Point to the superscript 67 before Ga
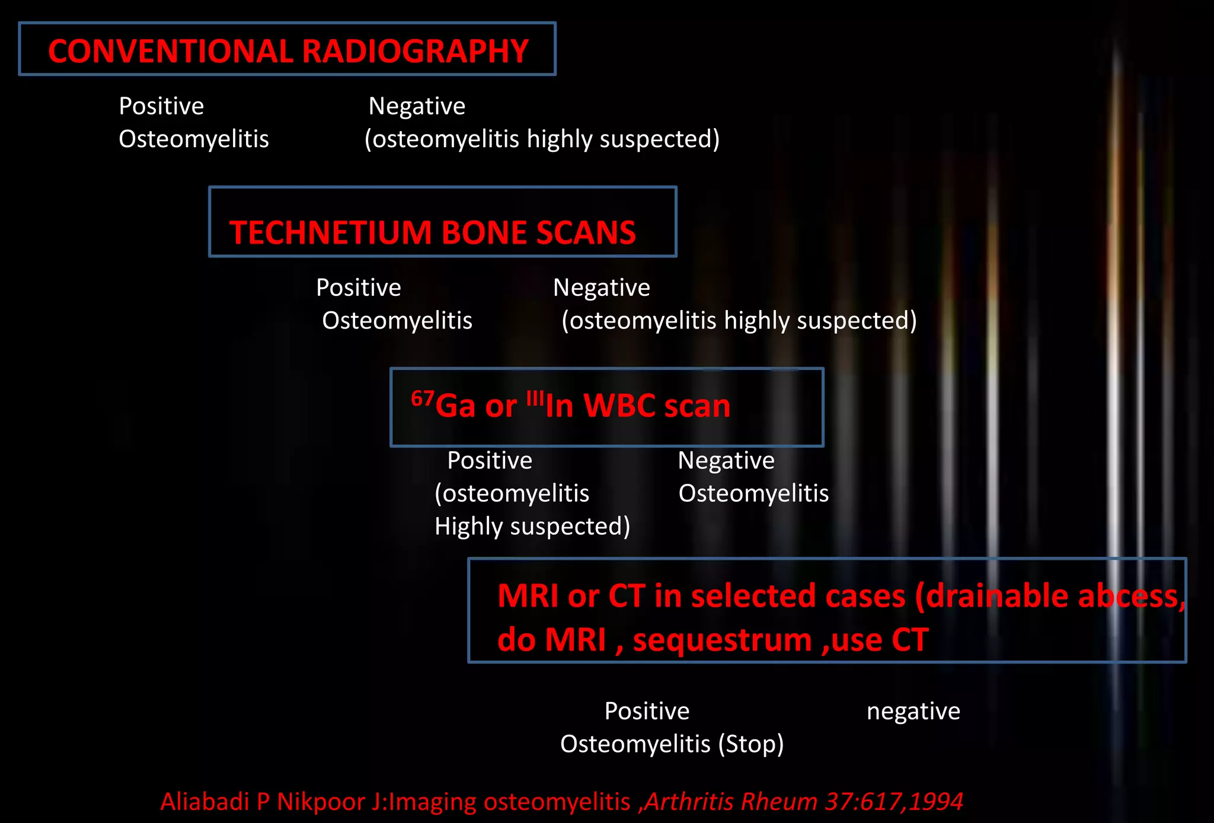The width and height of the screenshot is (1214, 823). click(422, 398)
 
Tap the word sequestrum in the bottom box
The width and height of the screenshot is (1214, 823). click(723, 640)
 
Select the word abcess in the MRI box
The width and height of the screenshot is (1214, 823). click(1129, 596)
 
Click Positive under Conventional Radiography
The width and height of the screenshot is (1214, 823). click(161, 106)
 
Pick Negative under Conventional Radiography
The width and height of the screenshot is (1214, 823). click(417, 106)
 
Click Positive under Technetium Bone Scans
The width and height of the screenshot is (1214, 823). click(359, 288)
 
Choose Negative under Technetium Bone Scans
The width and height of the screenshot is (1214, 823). click(601, 288)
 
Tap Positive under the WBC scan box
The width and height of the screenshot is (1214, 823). click(490, 461)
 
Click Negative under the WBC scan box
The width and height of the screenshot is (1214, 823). click(726, 461)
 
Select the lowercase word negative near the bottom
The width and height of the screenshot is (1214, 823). click(913, 711)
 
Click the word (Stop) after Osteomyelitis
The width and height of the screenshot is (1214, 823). click(751, 744)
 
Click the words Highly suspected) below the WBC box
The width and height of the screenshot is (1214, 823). click(532, 527)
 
